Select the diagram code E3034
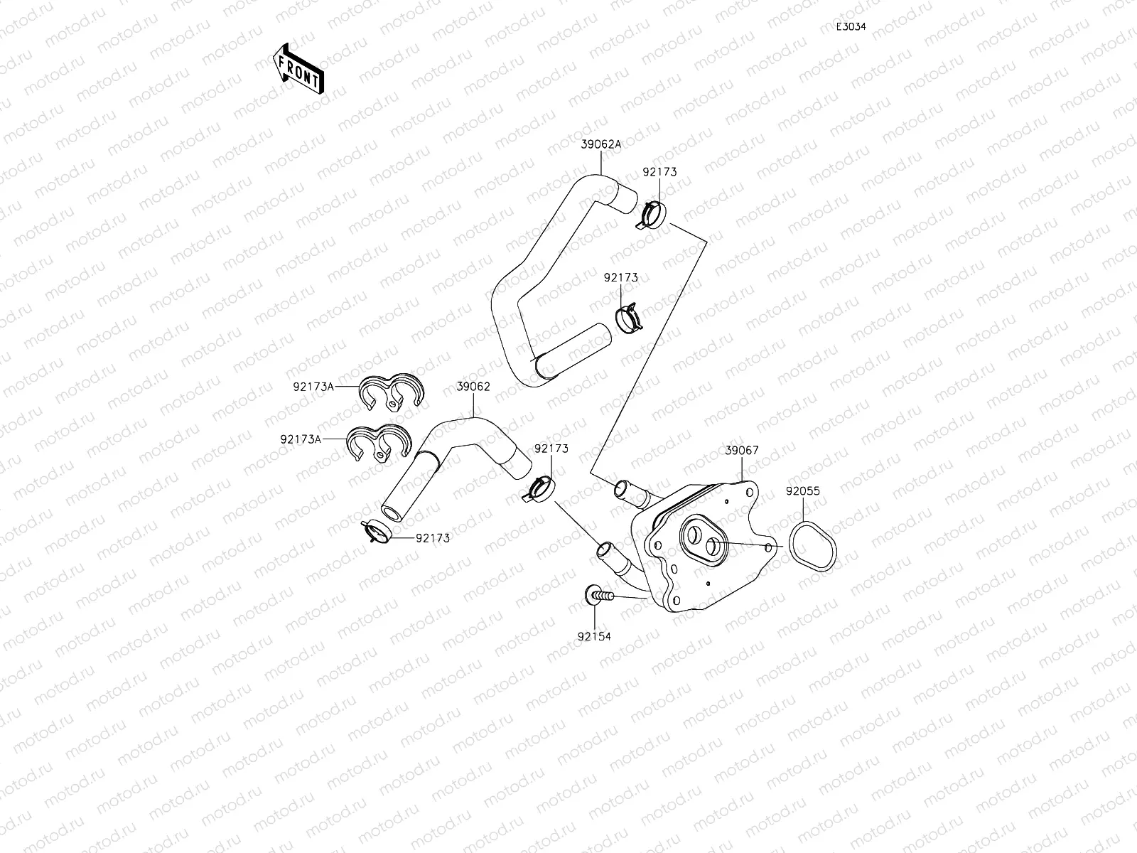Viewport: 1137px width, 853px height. (850, 26)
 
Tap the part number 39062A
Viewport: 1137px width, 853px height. (600, 144)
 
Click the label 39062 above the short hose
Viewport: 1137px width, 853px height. (473, 387)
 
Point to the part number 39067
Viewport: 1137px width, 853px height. (742, 450)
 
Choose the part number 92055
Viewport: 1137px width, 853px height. (803, 490)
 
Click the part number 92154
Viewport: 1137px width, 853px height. (593, 636)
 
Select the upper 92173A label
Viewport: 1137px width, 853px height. (313, 387)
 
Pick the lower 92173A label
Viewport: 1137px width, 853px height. (300, 439)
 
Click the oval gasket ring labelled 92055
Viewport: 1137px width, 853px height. (812, 545)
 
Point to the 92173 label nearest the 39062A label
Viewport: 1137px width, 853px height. (659, 172)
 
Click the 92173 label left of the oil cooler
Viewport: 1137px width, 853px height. (551, 449)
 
